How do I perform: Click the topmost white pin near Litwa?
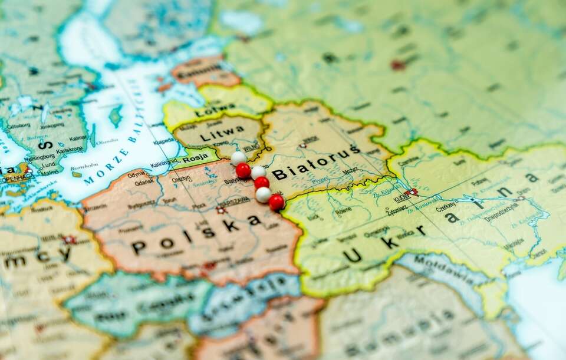(x=238, y=158)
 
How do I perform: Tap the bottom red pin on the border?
(x=276, y=202)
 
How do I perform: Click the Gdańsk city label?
(x=144, y=183)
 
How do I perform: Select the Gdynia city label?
(x=136, y=174)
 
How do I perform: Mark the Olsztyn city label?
(x=181, y=179)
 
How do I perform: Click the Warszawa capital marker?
(x=221, y=209)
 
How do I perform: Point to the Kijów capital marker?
(x=412, y=192)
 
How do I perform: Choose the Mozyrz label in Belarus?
(x=350, y=171)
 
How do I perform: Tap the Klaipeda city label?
(x=164, y=141)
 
